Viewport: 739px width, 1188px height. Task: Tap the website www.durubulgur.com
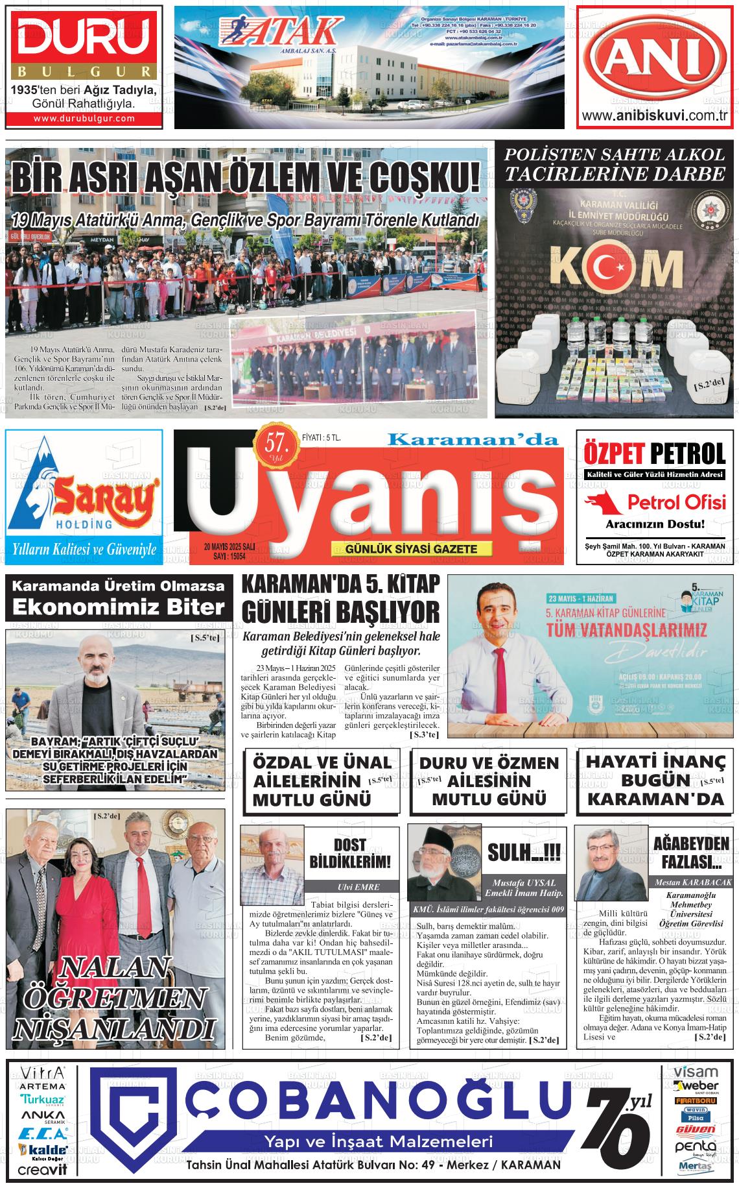click(84, 119)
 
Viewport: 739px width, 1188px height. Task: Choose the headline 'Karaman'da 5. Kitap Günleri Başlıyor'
click(340, 598)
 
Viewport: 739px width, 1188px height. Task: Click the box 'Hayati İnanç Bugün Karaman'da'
click(654, 780)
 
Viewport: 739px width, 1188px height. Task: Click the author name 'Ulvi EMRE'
click(350, 887)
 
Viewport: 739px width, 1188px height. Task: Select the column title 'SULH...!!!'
click(524, 851)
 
